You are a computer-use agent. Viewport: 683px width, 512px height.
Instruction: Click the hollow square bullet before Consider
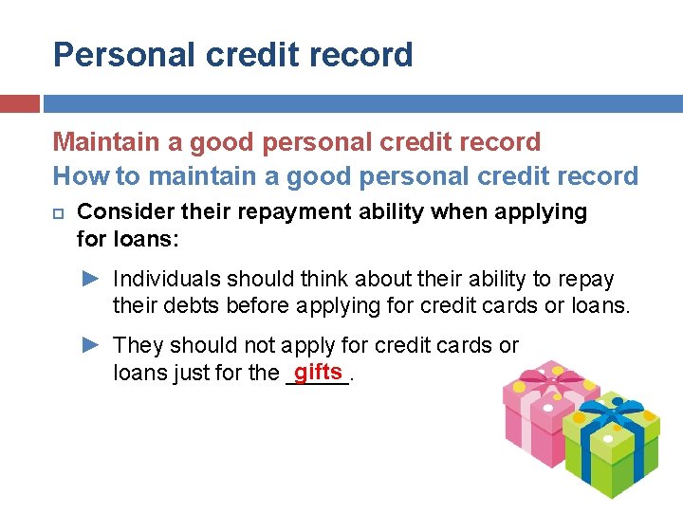tap(59, 211)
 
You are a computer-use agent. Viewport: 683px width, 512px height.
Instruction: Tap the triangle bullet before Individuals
tap(90, 279)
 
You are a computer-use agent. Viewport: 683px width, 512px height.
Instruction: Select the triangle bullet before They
tap(90, 345)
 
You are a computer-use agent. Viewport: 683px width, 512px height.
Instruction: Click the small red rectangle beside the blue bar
tap(20, 103)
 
